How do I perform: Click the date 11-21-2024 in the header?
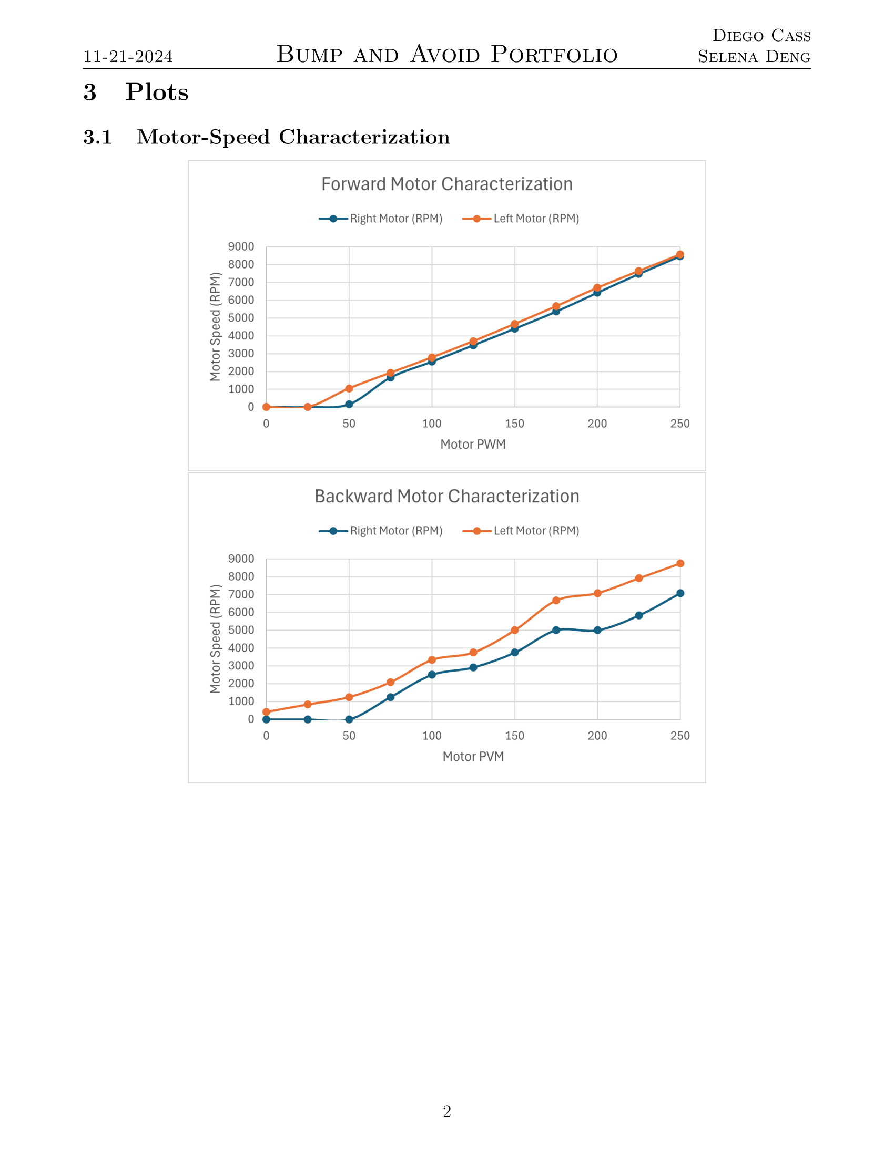coord(128,57)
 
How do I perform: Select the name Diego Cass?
coord(761,35)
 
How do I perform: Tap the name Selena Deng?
coord(754,57)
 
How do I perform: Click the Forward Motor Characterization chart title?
coord(447,184)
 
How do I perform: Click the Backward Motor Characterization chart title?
coord(447,497)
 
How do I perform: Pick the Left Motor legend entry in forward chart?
coord(521,219)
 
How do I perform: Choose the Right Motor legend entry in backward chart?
coord(381,531)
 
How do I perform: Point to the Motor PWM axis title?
coord(473,444)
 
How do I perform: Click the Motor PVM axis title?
coord(473,756)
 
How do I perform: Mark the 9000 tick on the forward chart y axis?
coord(241,246)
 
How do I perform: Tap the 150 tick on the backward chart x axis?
coord(515,736)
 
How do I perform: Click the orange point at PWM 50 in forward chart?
coord(349,388)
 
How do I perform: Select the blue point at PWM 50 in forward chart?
coord(349,405)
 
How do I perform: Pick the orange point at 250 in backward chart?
coord(680,564)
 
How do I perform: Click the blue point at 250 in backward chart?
coord(680,593)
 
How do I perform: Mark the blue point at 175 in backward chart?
coord(556,631)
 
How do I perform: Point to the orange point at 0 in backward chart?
coord(267,712)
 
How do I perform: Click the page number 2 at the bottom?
coord(447,1111)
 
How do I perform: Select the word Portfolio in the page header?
coord(554,55)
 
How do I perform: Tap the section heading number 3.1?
coord(98,137)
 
